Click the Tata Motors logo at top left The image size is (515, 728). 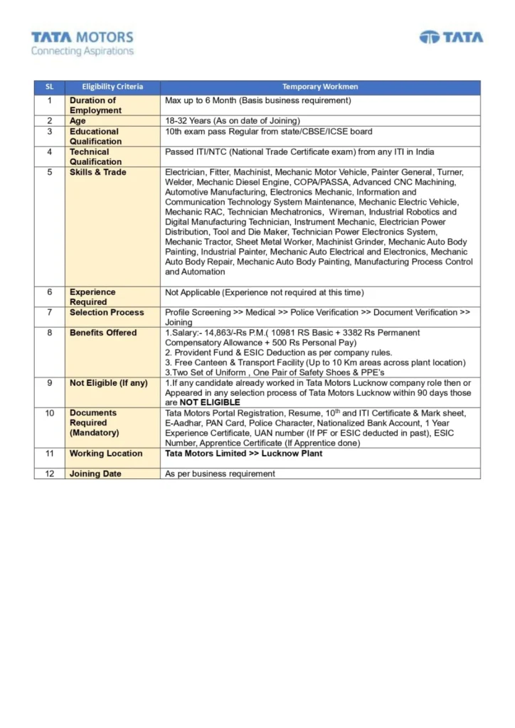coord(82,43)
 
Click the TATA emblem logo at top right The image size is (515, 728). coord(451,37)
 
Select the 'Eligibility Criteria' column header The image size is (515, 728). coord(112,87)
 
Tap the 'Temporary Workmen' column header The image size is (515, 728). coord(320,87)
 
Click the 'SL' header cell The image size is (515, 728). coord(49,87)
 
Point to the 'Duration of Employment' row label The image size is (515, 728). coord(95,105)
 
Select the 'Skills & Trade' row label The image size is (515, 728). coord(98,172)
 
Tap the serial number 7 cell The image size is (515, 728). coord(50,312)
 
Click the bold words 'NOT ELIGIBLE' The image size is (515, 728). coord(210,402)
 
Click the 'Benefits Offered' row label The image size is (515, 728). coord(103,333)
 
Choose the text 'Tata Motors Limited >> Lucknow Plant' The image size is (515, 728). coord(243,454)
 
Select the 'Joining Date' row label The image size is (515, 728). coord(95,473)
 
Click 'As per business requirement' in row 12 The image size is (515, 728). coord(220,473)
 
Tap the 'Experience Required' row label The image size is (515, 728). coord(92,296)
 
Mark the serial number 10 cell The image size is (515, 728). coord(50,413)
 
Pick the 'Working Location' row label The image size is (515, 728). coord(106,454)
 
